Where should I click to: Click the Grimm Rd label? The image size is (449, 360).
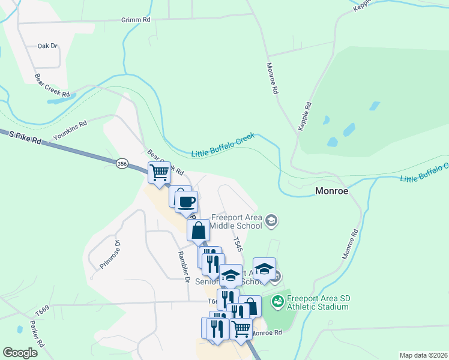136,20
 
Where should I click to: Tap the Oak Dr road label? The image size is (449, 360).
47,46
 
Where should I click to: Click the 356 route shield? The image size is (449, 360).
122,164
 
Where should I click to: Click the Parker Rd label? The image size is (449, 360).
37,335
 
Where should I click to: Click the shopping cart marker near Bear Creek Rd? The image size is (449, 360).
159,173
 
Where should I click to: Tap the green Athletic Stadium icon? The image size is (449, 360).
277,301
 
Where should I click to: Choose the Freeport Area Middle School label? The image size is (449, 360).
237,222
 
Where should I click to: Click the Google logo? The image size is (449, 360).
20,352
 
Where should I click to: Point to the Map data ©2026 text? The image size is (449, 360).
423,355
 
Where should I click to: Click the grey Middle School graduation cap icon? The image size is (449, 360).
271,221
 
